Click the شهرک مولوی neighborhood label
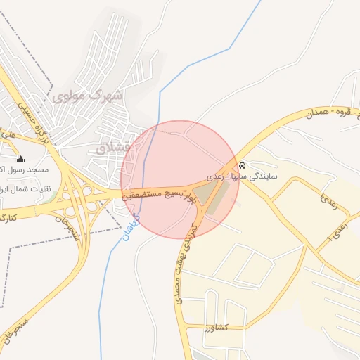[x=87, y=94]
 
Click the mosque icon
[x=20, y=159]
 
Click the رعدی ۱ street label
[x=325, y=238]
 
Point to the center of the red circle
[x=179, y=179]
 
